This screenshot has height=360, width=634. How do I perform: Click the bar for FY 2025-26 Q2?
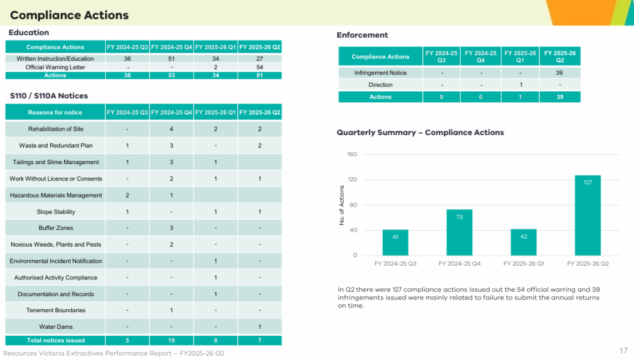point(588,215)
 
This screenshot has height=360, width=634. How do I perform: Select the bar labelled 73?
point(459,232)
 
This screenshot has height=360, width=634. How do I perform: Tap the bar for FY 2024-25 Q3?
point(395,242)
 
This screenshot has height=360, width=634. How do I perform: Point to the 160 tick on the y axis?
point(352,154)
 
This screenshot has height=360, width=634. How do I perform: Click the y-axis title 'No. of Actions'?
point(342,205)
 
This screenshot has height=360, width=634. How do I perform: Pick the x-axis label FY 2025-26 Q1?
point(524,263)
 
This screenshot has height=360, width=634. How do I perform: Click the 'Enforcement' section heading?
point(362,35)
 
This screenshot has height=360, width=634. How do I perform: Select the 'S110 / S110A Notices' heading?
point(49,96)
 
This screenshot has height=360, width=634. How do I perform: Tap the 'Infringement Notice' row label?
point(381,73)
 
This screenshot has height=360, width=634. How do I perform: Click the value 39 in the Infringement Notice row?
point(559,73)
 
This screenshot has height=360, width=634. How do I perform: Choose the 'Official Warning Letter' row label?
point(55,67)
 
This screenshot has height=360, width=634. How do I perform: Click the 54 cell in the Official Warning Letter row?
point(259,67)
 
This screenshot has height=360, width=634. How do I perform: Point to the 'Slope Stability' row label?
point(56,211)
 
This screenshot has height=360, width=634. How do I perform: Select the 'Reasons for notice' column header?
point(55,112)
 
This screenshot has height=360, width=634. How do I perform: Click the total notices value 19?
point(172,341)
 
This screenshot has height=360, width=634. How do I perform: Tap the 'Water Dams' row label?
point(56,327)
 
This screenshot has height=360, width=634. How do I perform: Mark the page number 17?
point(623,351)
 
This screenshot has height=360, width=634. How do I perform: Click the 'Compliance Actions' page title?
point(69,15)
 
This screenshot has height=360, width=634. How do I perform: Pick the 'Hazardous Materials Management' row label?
point(56,195)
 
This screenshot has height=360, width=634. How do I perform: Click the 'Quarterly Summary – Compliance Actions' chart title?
point(420,133)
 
